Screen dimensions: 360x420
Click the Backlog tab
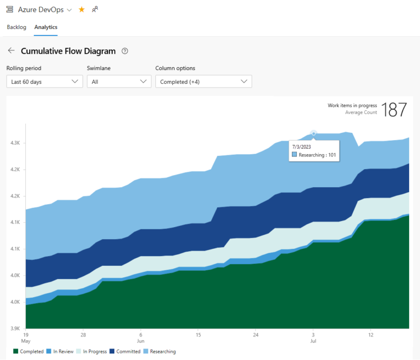tap(16, 27)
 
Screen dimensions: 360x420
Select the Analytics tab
tap(46, 27)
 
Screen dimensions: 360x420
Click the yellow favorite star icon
tap(81, 9)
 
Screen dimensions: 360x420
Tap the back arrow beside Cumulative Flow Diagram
tap(11, 51)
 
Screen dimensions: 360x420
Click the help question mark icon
tap(125, 51)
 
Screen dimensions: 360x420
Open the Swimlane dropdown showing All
tap(119, 82)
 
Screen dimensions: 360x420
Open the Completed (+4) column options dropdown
tap(203, 82)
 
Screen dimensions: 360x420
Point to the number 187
tap(394, 109)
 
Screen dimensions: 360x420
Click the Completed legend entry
tap(28, 351)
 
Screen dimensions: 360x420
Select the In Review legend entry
tap(60, 351)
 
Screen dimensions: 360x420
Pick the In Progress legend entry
tap(91, 351)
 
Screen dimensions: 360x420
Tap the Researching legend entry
tap(160, 351)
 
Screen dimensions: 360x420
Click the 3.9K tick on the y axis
tap(15, 328)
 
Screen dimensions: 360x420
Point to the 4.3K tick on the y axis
tap(15, 143)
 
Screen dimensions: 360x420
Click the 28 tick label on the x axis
tap(83, 334)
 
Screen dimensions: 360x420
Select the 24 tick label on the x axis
tap(255, 334)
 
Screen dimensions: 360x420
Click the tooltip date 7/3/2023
tap(301, 146)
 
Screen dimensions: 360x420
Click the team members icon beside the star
tap(95, 9)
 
